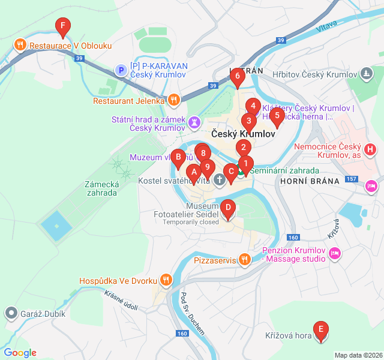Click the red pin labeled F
click(62, 26)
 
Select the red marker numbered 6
click(238, 76)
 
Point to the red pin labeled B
click(178, 158)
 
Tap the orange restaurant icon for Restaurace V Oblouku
click(20, 44)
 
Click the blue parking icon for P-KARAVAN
click(121, 71)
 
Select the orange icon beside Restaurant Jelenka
click(173, 100)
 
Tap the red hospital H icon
click(371, 148)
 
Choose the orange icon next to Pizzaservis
click(244, 260)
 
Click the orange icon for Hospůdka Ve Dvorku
click(166, 280)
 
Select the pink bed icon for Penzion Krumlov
click(335, 254)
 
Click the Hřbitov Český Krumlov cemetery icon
click(366, 74)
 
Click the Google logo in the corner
click(20, 353)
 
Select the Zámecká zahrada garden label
click(100, 188)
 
